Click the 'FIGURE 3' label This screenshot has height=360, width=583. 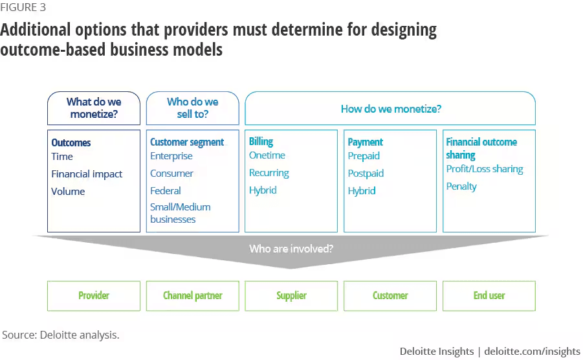pos(23,7)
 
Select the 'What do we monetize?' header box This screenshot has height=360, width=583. pos(94,108)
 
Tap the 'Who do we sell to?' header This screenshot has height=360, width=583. pos(193,108)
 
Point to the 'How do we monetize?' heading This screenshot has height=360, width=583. pos(391,109)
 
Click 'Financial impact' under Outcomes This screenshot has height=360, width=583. pos(87,174)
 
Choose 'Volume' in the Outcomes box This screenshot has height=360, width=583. pos(68,192)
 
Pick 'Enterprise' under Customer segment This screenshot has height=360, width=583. pos(171,156)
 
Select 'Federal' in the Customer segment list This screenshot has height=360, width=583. pos(166,191)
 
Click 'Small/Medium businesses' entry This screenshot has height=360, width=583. pos(181,213)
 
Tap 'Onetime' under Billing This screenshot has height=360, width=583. pos(267,155)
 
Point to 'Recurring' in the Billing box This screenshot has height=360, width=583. pos(269,173)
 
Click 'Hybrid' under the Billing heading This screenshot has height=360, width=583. pos(263,190)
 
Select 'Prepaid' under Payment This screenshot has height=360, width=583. pos(364,156)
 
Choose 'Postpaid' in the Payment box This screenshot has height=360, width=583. pos(366,174)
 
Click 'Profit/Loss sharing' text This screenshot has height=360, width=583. pos(485,169)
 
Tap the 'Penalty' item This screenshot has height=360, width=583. pos(461,186)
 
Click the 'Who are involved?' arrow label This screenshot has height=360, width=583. pos(291,249)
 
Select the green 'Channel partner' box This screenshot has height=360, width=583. pos(193,296)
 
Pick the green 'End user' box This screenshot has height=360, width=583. pos(489,296)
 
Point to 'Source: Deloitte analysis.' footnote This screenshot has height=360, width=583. pos(61,335)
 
